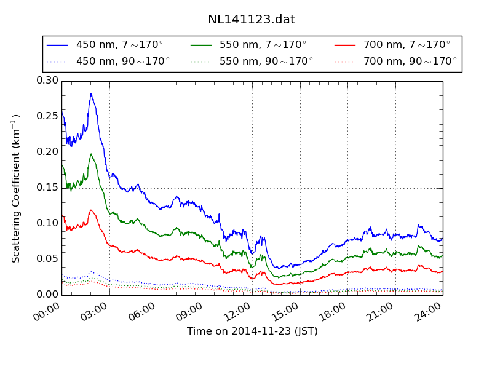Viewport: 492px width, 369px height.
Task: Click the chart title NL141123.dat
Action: [251, 19]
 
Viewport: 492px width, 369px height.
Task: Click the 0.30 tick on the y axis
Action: [47, 81]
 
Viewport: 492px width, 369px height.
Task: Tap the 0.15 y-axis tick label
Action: [47, 188]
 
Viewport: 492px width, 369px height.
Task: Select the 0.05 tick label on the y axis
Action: [47, 259]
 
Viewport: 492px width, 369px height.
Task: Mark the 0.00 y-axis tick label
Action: [47, 295]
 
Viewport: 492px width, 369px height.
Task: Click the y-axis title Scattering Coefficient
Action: [17, 188]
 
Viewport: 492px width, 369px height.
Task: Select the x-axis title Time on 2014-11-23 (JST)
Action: [252, 331]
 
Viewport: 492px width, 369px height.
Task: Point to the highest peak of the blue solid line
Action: [91, 94]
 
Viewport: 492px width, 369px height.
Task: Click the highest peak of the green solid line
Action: [91, 154]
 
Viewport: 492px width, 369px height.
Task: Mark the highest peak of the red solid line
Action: [91, 210]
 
